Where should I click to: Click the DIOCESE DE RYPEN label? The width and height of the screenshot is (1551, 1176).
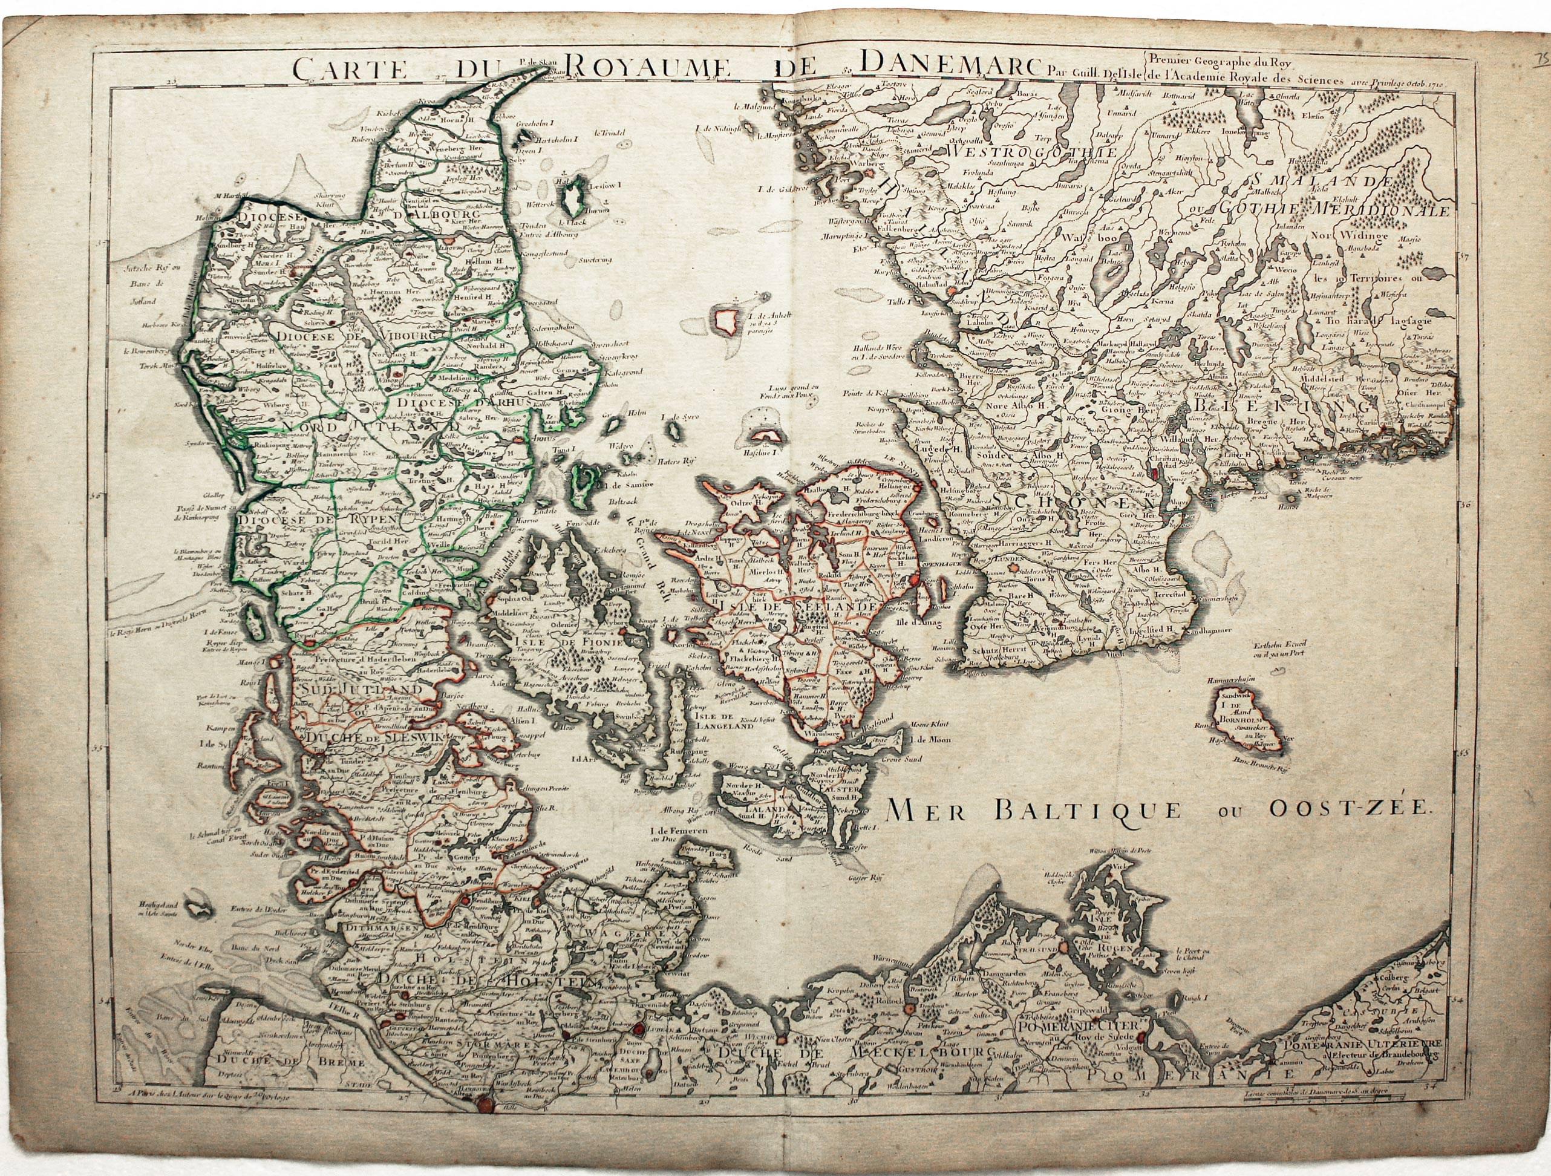point(317,519)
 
